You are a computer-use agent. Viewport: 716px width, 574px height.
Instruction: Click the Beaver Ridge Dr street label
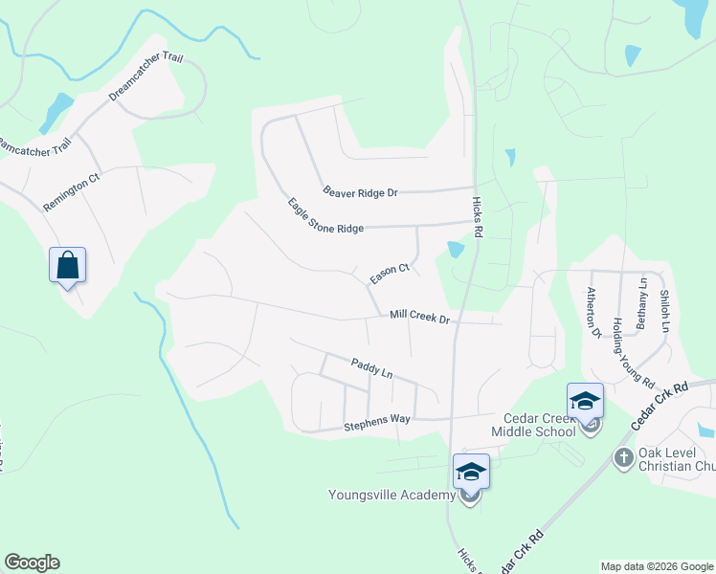point(360,192)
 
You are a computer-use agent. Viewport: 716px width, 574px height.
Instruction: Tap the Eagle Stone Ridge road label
point(325,216)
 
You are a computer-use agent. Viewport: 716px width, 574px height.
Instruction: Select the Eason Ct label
point(390,274)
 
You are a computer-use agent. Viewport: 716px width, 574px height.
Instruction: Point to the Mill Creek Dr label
point(419,317)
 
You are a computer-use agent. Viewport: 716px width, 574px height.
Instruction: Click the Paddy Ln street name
point(372,366)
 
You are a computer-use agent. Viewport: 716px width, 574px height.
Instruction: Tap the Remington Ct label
point(72,191)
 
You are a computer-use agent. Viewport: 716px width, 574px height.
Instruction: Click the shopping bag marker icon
point(68,264)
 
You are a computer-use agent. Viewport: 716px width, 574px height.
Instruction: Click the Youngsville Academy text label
point(392,495)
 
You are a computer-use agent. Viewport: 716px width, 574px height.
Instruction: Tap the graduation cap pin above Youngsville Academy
point(471,471)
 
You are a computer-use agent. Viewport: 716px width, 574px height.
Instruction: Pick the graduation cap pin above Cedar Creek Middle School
point(585,400)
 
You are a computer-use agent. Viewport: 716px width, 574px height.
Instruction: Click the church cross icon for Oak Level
point(623,457)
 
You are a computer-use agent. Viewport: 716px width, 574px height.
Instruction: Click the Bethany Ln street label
point(642,303)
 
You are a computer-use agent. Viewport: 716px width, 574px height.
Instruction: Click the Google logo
point(32,563)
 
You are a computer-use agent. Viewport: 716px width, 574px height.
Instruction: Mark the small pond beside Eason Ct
point(456,250)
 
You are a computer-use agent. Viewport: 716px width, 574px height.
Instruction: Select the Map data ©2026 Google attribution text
point(656,566)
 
